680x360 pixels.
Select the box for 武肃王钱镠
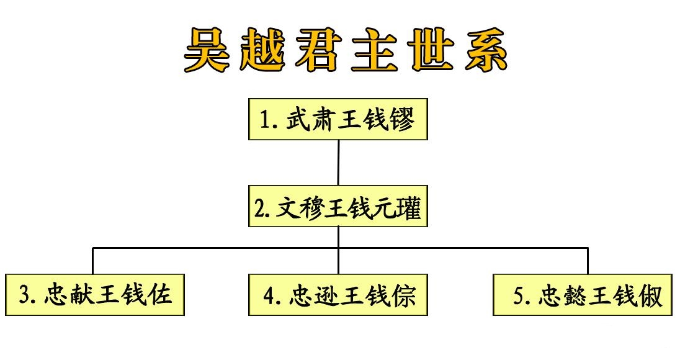click(x=338, y=119)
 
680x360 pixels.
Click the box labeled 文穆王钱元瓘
click(x=338, y=207)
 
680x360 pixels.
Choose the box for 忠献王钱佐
click(x=95, y=294)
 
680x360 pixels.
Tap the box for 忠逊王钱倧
click(x=338, y=294)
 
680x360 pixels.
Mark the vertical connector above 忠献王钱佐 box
click(x=92, y=261)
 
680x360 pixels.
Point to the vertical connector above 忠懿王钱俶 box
click(x=588, y=261)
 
